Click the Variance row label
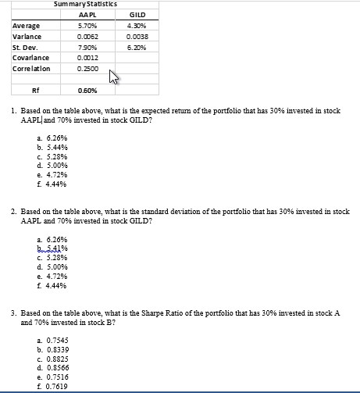(x=27, y=36)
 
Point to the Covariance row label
(x=30, y=58)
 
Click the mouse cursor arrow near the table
(x=114, y=77)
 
